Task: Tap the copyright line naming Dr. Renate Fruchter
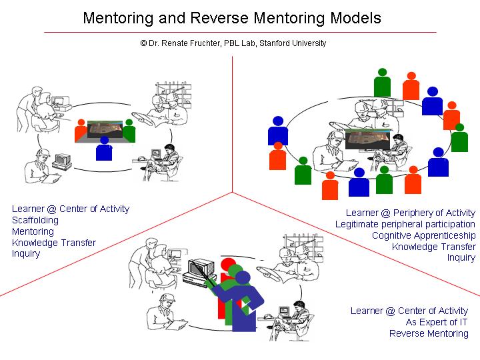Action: point(233,43)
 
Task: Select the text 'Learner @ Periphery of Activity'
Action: point(411,213)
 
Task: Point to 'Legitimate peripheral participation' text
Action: point(405,224)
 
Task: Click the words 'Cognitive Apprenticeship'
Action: point(423,235)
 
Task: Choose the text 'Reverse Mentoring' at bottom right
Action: point(429,333)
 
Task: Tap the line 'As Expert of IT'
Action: point(437,322)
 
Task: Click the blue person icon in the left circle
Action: point(103,148)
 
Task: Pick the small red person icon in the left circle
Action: point(81,130)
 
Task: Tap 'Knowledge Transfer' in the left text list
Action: point(54,243)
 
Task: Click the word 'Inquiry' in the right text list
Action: point(461,257)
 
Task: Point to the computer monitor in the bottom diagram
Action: point(201,269)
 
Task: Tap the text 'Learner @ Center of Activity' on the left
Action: point(71,209)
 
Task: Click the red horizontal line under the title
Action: point(240,32)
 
